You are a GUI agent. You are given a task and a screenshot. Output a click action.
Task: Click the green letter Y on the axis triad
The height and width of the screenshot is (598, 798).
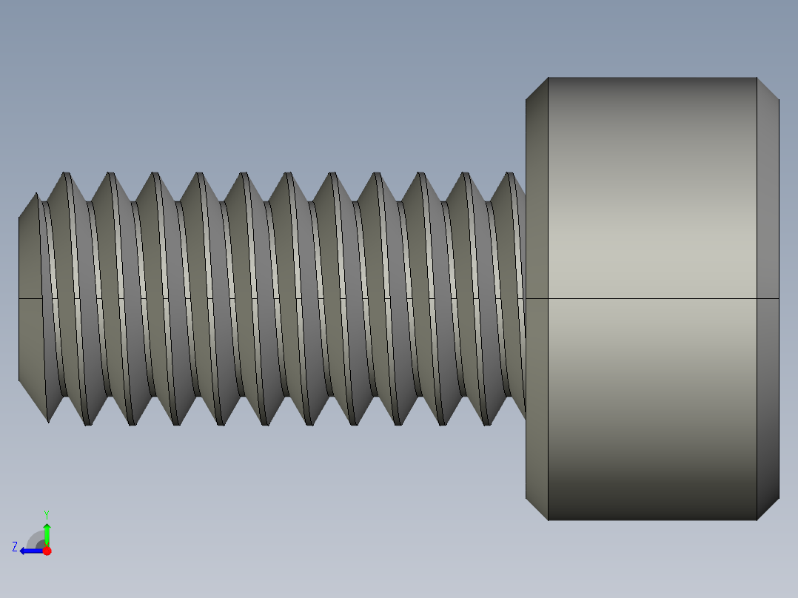[x=46, y=514]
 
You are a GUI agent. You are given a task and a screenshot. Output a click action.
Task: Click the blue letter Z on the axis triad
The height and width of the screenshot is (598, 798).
[x=15, y=547]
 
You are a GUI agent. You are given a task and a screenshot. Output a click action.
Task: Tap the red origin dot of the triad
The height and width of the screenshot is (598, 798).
[x=47, y=551]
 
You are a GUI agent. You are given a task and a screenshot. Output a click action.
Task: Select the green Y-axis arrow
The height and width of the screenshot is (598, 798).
[x=47, y=533]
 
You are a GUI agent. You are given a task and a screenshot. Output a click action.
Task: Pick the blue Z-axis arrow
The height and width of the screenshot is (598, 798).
[x=30, y=551]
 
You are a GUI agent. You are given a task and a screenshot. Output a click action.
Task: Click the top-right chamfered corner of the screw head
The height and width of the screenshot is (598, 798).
[x=768, y=89]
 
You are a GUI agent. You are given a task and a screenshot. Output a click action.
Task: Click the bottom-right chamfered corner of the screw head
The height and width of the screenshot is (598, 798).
[x=768, y=508]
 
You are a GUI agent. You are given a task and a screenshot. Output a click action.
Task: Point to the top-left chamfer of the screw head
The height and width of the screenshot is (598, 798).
[x=537, y=89]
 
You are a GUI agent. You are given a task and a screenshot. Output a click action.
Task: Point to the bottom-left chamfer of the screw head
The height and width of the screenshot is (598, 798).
[x=537, y=508]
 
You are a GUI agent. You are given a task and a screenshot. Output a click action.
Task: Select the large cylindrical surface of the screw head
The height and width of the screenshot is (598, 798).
[x=651, y=222]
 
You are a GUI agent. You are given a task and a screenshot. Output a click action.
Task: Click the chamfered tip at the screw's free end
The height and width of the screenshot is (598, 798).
[x=28, y=296]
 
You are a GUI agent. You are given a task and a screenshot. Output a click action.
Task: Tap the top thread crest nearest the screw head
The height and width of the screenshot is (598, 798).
[x=510, y=175]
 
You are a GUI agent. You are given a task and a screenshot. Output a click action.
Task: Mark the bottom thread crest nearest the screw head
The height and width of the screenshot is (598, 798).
[x=487, y=423]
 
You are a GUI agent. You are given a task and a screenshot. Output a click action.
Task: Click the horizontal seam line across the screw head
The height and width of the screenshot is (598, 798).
[x=651, y=299]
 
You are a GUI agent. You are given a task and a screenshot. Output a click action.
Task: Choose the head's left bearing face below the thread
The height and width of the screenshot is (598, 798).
[x=537, y=459]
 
